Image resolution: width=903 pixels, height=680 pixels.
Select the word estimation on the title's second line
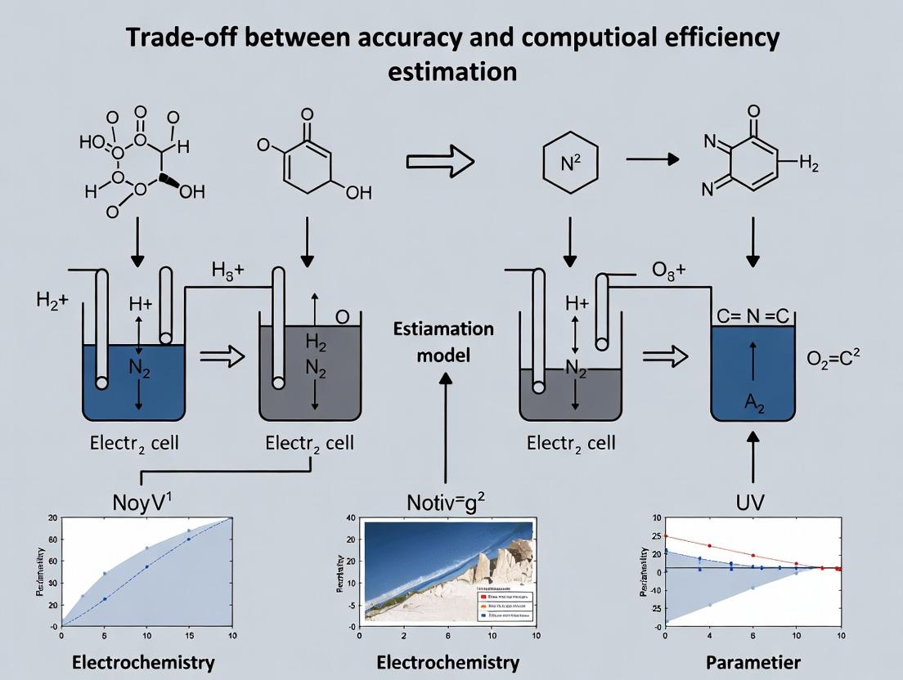pos(451,71)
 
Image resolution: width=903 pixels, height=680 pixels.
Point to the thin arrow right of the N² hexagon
pos(652,159)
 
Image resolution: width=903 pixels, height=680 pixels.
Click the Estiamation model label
pos(444,342)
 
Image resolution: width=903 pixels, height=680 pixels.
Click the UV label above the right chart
pos(749,502)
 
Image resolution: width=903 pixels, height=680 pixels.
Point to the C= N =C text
pos(752,315)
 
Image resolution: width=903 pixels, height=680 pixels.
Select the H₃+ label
pos(227,271)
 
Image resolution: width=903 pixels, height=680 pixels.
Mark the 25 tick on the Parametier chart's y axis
pos(656,536)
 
